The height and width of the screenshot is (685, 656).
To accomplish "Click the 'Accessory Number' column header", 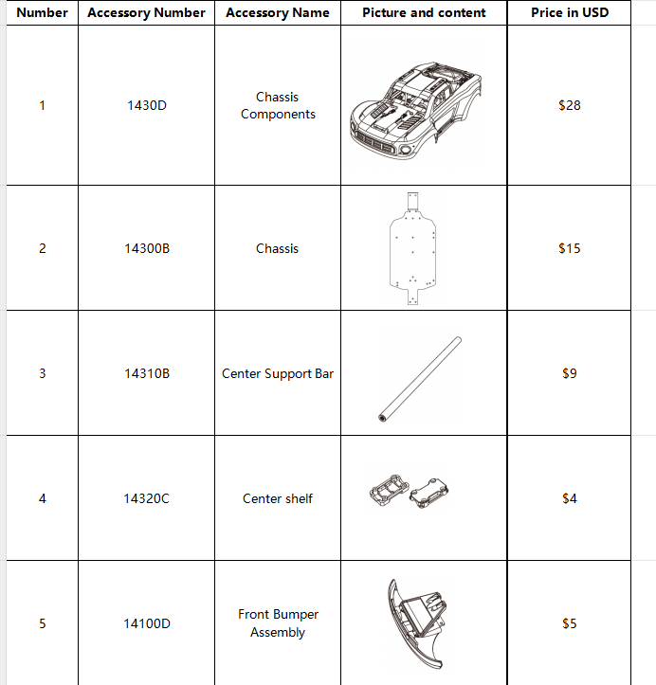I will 146,12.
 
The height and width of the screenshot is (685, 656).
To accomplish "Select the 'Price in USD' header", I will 569,12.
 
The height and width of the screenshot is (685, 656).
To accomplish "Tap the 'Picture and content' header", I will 424,12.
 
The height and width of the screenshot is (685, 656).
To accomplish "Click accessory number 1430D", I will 146,105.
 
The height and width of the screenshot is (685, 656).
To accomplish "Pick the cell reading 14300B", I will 146,248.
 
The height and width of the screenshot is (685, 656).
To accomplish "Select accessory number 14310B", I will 146,373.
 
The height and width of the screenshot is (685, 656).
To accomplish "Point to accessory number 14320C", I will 146,498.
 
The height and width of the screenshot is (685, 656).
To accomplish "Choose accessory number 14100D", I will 146,623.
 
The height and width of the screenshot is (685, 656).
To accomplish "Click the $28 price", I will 569,105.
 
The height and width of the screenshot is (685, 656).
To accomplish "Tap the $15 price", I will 569,248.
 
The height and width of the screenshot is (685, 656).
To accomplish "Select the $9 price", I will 569,373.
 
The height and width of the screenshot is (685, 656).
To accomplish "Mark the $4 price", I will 569,498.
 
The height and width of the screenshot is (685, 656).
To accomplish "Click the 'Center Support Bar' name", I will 278,373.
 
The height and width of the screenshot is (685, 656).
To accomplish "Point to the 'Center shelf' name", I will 278,498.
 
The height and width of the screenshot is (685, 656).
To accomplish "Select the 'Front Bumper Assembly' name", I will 278,623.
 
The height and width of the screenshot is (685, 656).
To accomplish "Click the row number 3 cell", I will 42,373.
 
